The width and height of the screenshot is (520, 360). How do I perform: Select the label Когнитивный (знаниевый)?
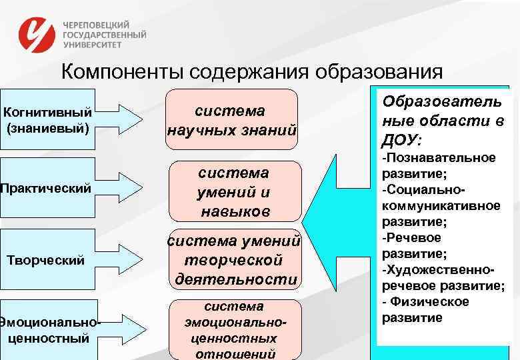(48, 118)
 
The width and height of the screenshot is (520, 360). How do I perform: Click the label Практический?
(45, 189)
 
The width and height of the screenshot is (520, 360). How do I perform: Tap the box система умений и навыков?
(235, 192)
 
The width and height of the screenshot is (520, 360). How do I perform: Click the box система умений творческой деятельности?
(235, 261)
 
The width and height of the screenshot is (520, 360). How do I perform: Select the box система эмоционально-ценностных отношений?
(233, 330)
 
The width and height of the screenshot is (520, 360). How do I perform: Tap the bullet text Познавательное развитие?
(439, 165)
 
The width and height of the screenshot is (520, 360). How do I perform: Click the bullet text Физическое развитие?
(427, 310)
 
